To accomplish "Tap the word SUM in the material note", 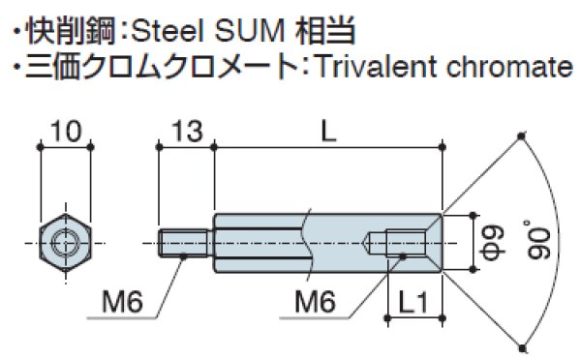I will tap(250, 32).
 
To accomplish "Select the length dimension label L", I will tap(328, 131).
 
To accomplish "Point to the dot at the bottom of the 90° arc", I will tap(522, 345).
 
